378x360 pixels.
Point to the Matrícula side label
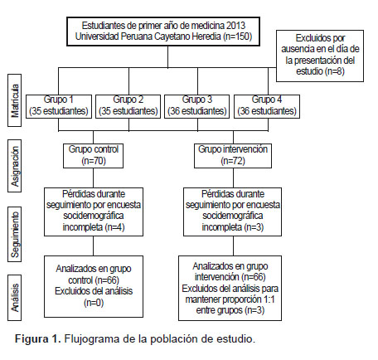click(x=15, y=100)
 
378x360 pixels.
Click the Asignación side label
click(x=15, y=166)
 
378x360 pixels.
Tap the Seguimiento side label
click(x=15, y=234)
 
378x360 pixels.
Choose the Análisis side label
click(x=15, y=298)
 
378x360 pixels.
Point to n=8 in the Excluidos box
click(x=334, y=71)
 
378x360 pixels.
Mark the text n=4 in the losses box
click(x=114, y=227)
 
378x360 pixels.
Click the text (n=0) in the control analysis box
click(x=94, y=303)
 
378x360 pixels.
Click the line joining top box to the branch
click(x=167, y=56)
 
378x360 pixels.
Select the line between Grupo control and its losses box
click(x=93, y=178)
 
